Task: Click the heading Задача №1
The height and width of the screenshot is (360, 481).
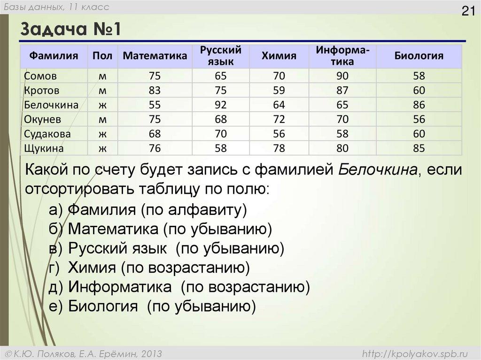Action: pyautogui.click(x=71, y=31)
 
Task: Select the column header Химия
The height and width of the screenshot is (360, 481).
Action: pyautogui.click(x=279, y=56)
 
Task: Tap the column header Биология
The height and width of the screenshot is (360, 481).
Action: pyautogui.click(x=419, y=56)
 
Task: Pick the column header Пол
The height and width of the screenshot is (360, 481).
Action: pyautogui.click(x=102, y=56)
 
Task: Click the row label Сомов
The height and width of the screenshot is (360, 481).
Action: pyautogui.click(x=40, y=76)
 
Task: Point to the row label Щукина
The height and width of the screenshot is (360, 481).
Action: pyautogui.click(x=44, y=149)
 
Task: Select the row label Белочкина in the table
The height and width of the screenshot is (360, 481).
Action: pyautogui.click(x=51, y=105)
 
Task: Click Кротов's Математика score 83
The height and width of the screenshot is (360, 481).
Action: pyautogui.click(x=155, y=90)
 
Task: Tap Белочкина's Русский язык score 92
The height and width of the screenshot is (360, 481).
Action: pyautogui.click(x=220, y=105)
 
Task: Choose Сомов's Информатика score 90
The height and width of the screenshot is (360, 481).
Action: pyautogui.click(x=342, y=76)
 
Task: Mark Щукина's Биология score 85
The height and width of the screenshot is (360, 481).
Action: pyautogui.click(x=419, y=149)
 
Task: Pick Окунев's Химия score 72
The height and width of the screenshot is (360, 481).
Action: pyautogui.click(x=279, y=119)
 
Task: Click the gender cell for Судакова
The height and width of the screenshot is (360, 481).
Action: pyautogui.click(x=102, y=134)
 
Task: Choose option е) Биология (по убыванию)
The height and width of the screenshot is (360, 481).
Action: pyautogui.click(x=152, y=306)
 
